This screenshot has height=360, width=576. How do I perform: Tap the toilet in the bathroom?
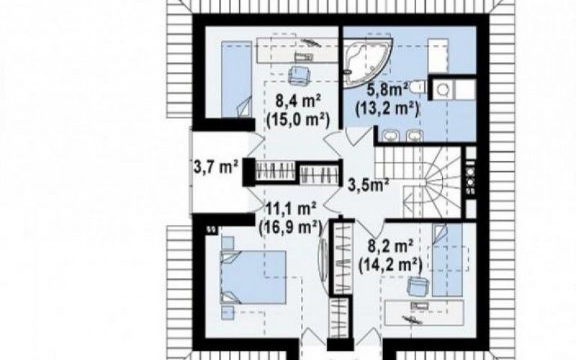click(x=418, y=87)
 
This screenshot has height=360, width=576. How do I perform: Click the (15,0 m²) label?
click(x=298, y=120)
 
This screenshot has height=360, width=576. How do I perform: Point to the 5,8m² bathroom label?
click(x=388, y=91)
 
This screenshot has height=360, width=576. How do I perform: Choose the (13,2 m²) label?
click(x=387, y=109)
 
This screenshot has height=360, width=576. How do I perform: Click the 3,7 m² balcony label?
click(x=215, y=167)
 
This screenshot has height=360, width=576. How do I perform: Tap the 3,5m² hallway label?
click(x=369, y=185)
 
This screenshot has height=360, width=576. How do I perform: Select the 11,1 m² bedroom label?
click(x=291, y=210)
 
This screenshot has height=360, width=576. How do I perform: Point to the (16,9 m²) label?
click(x=290, y=228)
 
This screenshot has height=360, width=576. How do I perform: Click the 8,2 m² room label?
click(x=391, y=246)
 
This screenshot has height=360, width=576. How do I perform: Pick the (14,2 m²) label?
click(x=390, y=264)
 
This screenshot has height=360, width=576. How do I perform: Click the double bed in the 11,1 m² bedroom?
click(x=253, y=277)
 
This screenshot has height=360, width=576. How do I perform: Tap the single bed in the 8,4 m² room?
click(x=237, y=79)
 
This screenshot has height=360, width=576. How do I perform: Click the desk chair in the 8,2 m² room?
click(x=418, y=286)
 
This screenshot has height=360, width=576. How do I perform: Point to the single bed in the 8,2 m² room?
click(x=447, y=261)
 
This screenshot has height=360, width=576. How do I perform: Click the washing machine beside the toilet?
click(x=441, y=89)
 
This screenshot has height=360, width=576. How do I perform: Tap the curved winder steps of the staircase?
click(x=442, y=181)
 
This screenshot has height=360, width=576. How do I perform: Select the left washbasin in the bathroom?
click(x=390, y=136)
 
